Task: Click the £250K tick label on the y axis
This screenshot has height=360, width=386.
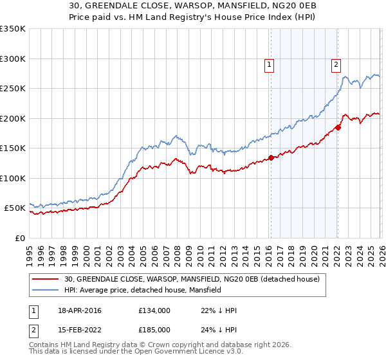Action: (12, 89)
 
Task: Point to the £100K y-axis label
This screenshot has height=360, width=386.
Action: (12, 178)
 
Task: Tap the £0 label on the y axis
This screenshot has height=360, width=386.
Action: (20, 238)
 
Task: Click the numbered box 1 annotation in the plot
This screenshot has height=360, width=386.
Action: (269, 64)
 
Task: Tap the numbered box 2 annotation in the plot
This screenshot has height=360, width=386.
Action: (336, 64)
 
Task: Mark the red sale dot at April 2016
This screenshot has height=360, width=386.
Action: (271, 157)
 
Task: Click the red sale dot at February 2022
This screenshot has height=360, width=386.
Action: (338, 127)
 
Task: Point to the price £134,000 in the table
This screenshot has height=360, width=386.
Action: (154, 310)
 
